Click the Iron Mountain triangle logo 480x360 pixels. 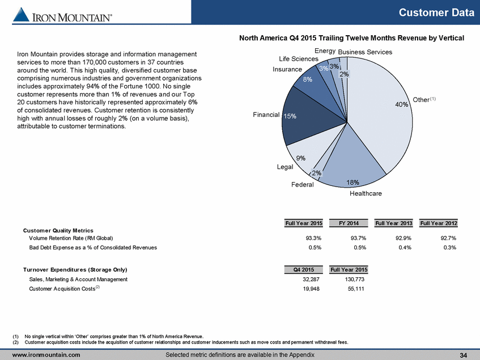(21, 15)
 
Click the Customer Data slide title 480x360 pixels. (436, 12)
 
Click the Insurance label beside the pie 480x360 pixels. (287, 69)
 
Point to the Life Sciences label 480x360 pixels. (299, 59)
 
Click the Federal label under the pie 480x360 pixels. (303, 185)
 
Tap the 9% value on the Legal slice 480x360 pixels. (300, 158)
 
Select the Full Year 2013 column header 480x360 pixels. (394, 223)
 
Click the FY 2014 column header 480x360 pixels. (349, 223)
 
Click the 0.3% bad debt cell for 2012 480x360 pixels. (450, 247)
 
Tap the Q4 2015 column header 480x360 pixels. (304, 270)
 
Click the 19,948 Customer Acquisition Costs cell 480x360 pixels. (311, 289)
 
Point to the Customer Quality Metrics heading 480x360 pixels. (58, 231)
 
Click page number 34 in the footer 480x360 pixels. (464, 355)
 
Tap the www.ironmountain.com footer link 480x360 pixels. (46, 355)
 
